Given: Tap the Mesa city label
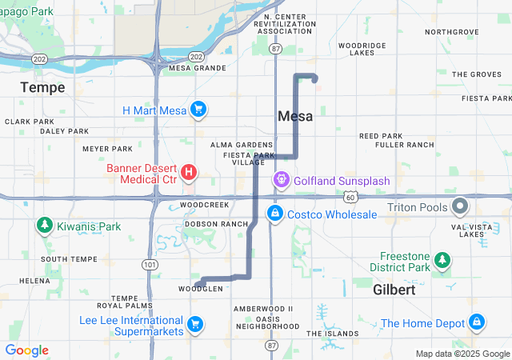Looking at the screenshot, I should click(x=294, y=116).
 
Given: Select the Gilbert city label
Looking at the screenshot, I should click(x=394, y=290).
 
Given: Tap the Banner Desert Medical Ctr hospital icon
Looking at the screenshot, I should click(x=189, y=172).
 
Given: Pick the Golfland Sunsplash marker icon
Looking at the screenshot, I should click(x=282, y=181).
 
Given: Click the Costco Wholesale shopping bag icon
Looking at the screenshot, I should click(x=275, y=214).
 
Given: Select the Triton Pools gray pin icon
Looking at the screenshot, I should click(x=460, y=207).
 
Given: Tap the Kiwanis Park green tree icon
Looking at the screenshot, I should click(x=44, y=226).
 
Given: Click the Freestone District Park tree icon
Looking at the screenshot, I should click(x=442, y=260).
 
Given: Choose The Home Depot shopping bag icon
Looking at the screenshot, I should click(x=476, y=323).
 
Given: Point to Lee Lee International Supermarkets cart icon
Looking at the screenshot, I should click(x=194, y=324).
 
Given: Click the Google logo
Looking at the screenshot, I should click(x=27, y=350).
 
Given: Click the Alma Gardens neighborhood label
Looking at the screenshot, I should click(x=242, y=145).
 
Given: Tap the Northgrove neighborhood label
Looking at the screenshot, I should click(x=451, y=32).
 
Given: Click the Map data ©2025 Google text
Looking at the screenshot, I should click(x=462, y=354).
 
